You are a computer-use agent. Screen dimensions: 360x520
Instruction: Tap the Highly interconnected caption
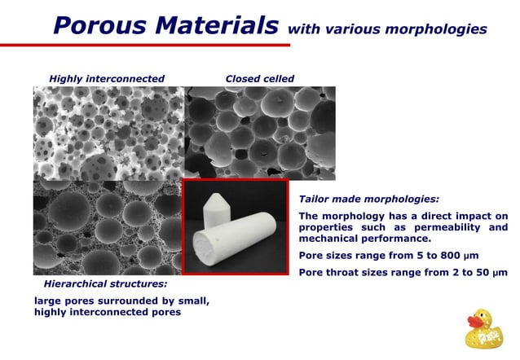pyautogui.click(x=107, y=79)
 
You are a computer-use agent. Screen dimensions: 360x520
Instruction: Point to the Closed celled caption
pyautogui.click(x=259, y=79)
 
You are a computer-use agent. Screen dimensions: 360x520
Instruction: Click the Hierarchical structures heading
pyautogui.click(x=104, y=284)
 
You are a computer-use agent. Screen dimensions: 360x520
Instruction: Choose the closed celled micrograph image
pyautogui.click(x=260, y=130)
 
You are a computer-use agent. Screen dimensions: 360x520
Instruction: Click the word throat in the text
pyautogui.click(x=347, y=272)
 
